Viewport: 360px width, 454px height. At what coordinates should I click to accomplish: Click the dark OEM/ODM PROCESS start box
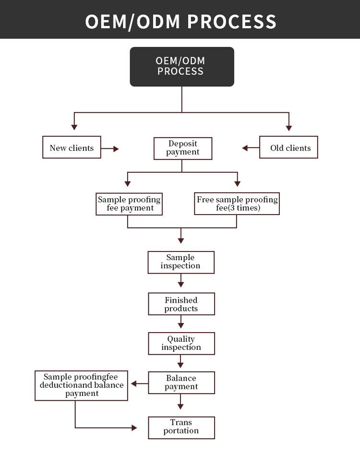(x=182, y=67)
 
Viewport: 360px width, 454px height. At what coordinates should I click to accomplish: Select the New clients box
(x=72, y=148)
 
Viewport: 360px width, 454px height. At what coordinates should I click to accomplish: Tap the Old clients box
(x=288, y=148)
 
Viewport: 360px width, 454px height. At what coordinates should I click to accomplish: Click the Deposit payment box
(x=182, y=148)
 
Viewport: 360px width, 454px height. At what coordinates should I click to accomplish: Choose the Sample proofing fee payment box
(x=129, y=204)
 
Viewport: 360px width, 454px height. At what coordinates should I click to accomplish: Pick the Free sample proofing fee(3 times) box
(x=237, y=204)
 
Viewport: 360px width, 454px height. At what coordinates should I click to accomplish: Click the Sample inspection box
(x=180, y=262)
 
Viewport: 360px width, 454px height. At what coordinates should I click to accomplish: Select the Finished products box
(x=180, y=304)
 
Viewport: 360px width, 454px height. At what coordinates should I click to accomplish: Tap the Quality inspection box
(x=180, y=344)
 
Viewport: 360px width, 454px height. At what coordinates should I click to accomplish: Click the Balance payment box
(x=180, y=382)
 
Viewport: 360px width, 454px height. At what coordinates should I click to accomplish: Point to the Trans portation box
(x=180, y=427)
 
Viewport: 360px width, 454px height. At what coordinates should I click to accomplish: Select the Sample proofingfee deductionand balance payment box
(x=82, y=385)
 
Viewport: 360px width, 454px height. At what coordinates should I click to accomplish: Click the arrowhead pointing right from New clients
(x=116, y=149)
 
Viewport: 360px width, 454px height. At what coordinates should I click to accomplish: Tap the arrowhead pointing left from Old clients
(x=245, y=148)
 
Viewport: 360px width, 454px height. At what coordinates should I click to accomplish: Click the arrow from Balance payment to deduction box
(x=139, y=383)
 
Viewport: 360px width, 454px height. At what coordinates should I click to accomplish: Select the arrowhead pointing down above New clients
(x=74, y=127)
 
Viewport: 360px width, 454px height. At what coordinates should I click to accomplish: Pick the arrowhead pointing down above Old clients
(x=288, y=128)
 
